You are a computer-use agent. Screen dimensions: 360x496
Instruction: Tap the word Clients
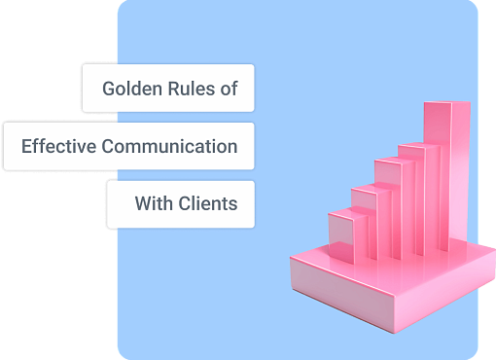206,205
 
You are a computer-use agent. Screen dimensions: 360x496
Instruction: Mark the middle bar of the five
392,209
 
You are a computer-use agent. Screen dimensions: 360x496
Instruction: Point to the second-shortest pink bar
366,222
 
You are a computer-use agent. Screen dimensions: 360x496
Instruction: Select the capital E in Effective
25,147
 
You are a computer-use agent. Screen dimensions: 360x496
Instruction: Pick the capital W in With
142,205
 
